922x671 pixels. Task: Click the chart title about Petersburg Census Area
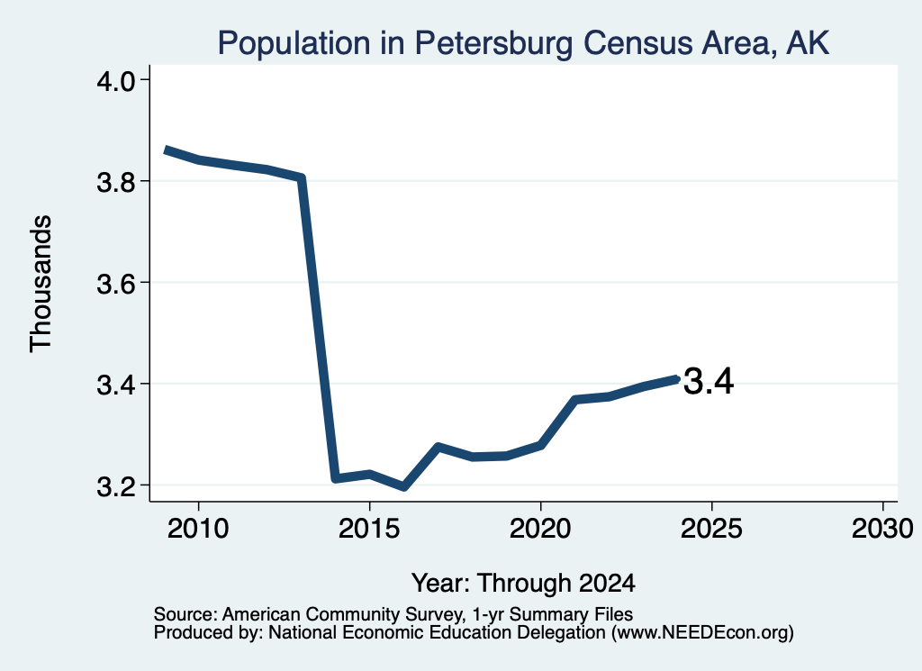(523, 43)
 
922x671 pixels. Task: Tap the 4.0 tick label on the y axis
(115, 80)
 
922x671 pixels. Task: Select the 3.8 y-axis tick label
(115, 182)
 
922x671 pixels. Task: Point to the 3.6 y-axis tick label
(115, 284)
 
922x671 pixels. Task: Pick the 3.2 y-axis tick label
(115, 486)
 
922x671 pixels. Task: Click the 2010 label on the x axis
(198, 528)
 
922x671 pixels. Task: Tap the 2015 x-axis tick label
(369, 528)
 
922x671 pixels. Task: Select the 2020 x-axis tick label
(540, 528)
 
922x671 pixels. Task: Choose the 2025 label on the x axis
(711, 528)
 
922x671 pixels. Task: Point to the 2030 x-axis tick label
(882, 528)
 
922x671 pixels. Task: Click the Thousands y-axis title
(41, 284)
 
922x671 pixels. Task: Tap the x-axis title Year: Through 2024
(523, 583)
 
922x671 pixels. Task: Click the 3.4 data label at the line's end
(709, 381)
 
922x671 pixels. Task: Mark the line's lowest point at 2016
(404, 486)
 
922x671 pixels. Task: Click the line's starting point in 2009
(167, 150)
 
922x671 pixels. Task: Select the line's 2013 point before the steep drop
(301, 177)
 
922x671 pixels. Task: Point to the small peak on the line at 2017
(438, 448)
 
